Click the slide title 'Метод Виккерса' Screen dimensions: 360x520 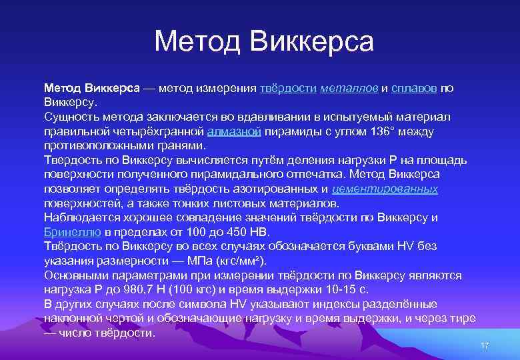tap(264, 42)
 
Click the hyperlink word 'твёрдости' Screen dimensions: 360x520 tap(288, 89)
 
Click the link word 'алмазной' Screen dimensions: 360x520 tap(234, 131)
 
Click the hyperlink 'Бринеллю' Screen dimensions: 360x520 tap(73, 232)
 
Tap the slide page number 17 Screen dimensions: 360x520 tap(485, 345)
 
